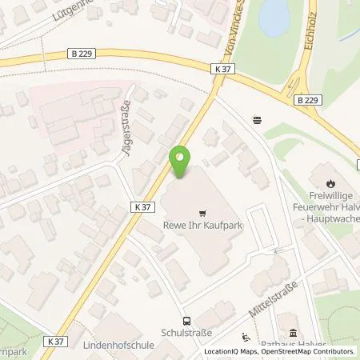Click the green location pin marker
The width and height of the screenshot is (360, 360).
[181, 162]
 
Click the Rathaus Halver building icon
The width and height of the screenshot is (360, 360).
[294, 333]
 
